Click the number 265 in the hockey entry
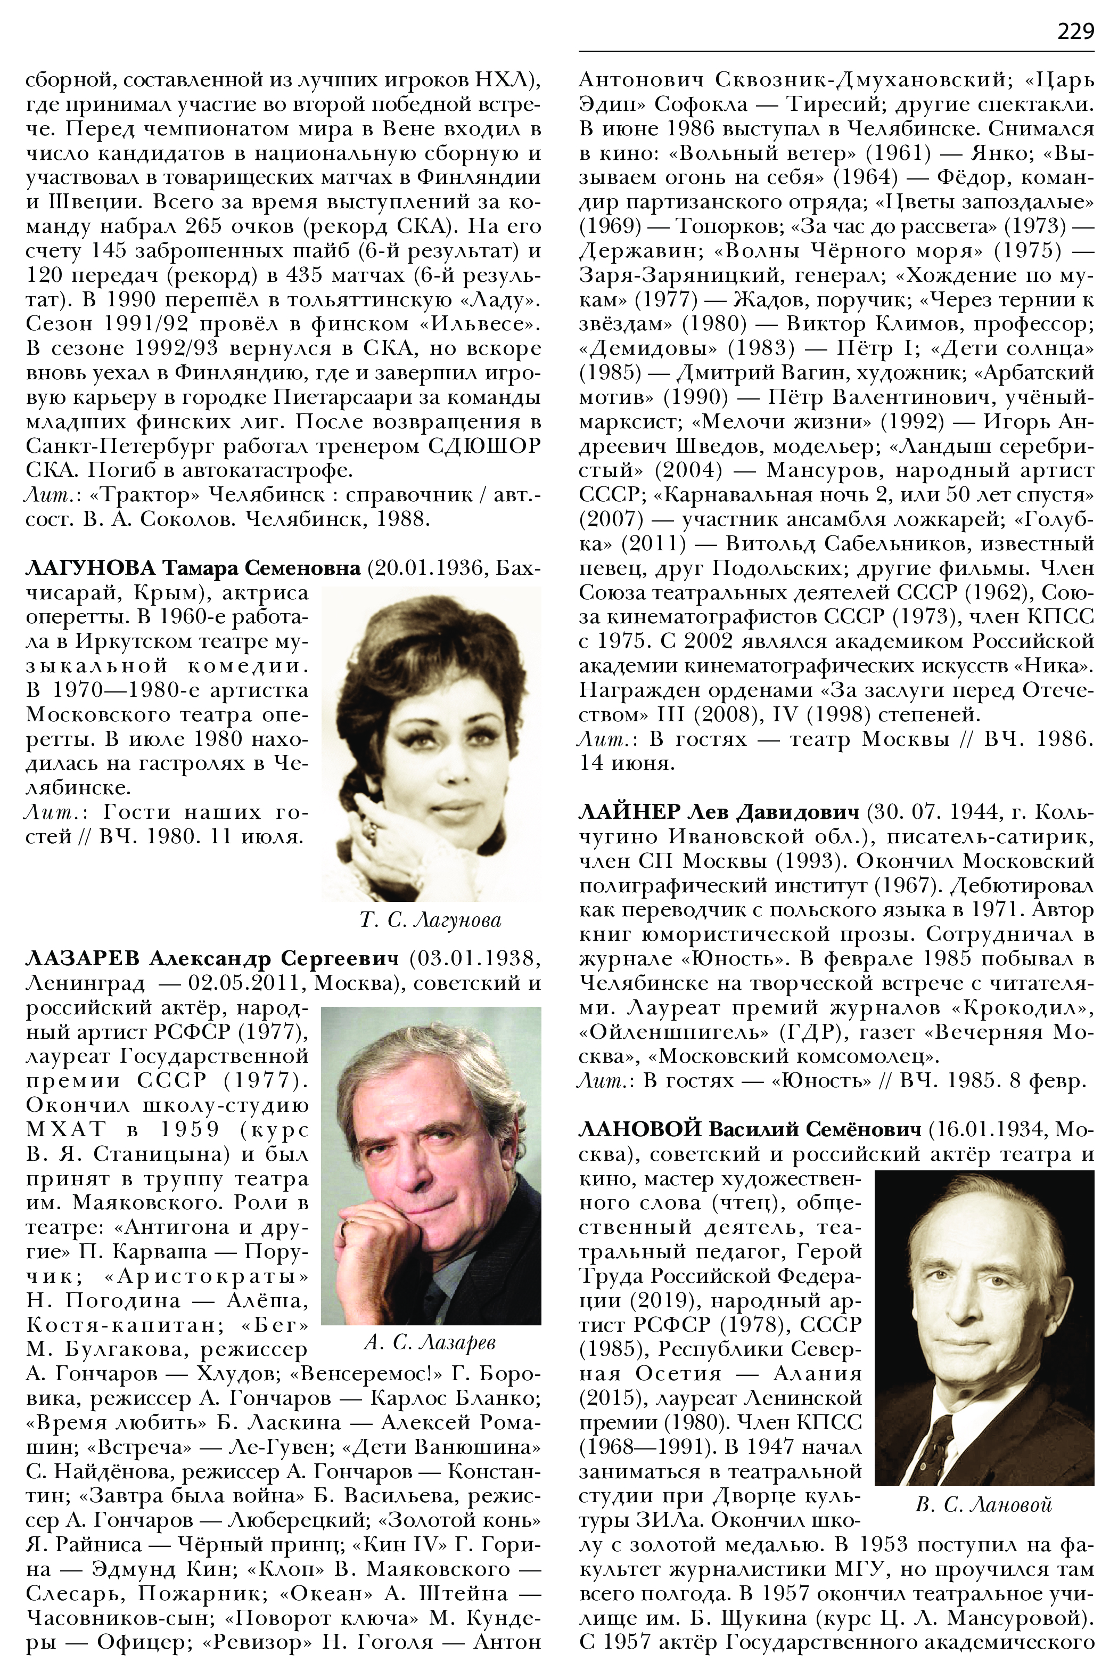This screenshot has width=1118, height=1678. [x=207, y=226]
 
